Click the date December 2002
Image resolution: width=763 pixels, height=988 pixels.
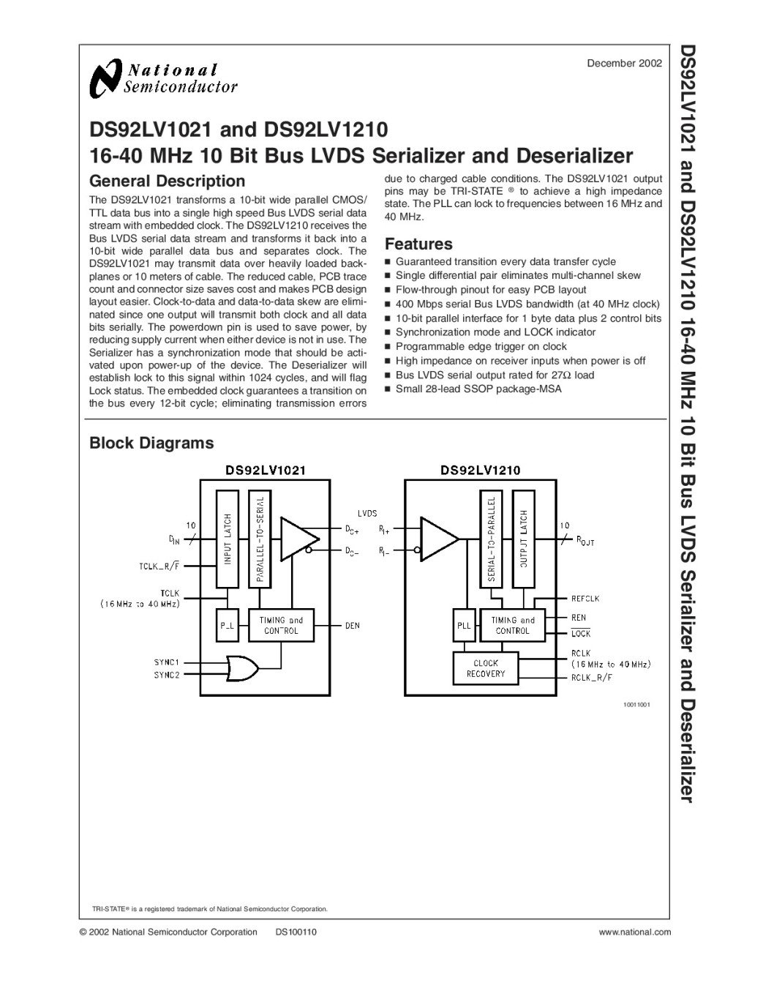(x=624, y=64)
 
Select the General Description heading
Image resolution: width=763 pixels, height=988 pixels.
(x=167, y=181)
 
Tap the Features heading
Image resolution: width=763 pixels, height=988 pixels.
(x=418, y=244)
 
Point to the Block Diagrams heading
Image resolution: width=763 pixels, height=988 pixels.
(x=151, y=443)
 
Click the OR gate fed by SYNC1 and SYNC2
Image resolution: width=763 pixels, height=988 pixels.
(x=242, y=667)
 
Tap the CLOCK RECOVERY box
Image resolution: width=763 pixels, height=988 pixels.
(x=485, y=668)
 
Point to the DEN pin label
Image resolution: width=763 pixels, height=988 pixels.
(x=352, y=626)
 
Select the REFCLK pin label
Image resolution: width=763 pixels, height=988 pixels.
(x=585, y=599)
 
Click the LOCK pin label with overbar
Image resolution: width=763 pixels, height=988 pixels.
(x=581, y=633)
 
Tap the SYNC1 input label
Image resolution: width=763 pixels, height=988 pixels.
(x=167, y=662)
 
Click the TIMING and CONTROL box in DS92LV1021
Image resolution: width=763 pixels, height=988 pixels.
(x=281, y=625)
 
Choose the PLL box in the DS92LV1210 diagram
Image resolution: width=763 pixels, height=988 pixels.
(x=464, y=626)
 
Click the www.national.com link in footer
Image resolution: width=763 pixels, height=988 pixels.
(x=634, y=932)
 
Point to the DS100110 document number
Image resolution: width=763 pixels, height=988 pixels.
(x=296, y=932)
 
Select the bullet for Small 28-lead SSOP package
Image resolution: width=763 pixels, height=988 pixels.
(x=388, y=389)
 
